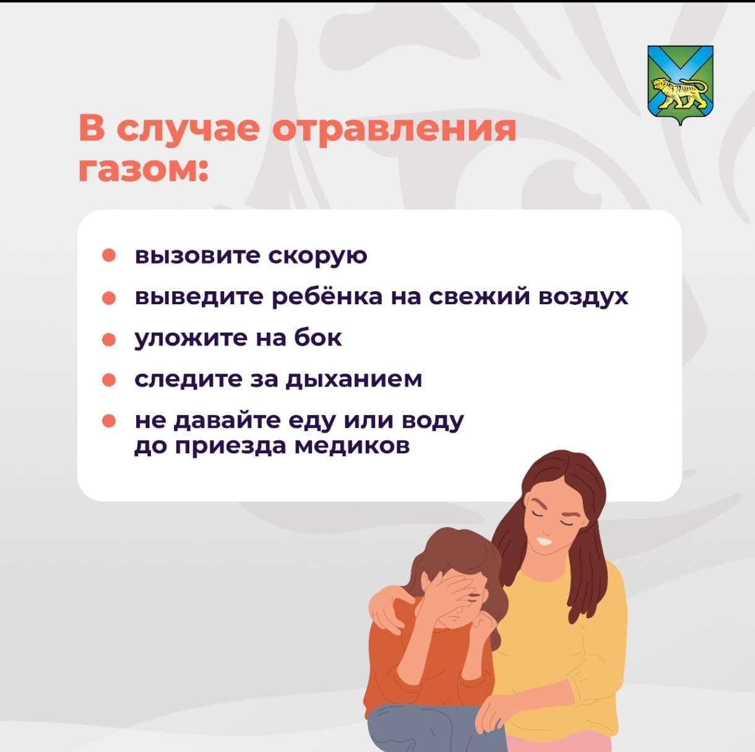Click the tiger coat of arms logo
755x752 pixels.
tap(680, 85)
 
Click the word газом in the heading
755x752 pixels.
tap(143, 171)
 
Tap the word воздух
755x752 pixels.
tap(584, 297)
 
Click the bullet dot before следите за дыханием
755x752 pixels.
tap(108, 380)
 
